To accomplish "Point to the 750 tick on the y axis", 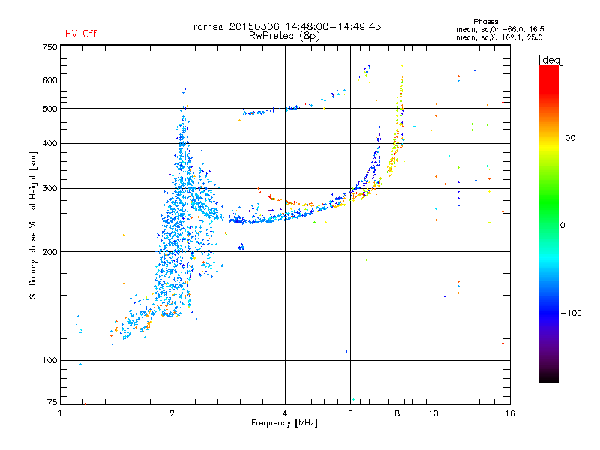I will pos(49,46).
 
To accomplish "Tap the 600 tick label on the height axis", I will pos(49,80).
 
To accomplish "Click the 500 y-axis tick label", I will pos(49,109).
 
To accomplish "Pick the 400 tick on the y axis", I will pos(49,144).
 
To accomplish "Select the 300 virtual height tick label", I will pos(49,189).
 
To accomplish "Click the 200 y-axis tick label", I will pos(49,252).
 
